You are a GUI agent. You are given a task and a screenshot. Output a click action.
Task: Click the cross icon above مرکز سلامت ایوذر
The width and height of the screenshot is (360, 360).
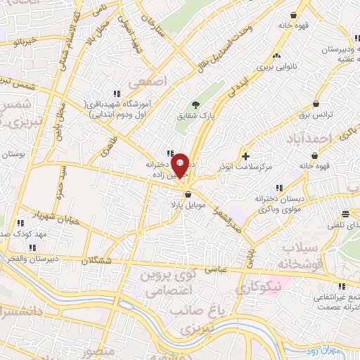tap(245, 155)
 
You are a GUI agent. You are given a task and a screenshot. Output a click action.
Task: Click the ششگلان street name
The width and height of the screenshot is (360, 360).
tap(96, 260)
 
